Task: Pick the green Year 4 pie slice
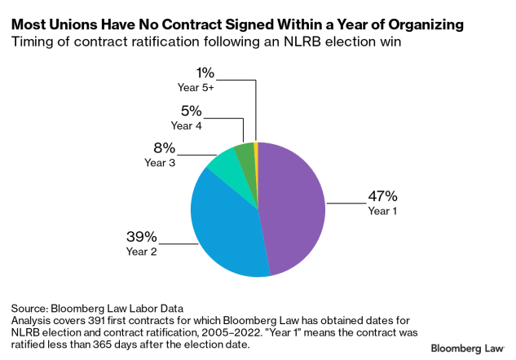click(245, 150)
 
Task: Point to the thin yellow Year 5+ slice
click(255, 147)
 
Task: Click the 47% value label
click(382, 195)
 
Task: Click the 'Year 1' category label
click(382, 211)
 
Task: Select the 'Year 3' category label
click(161, 163)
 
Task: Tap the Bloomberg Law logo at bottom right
click(466, 347)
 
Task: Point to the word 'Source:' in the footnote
click(30, 309)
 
